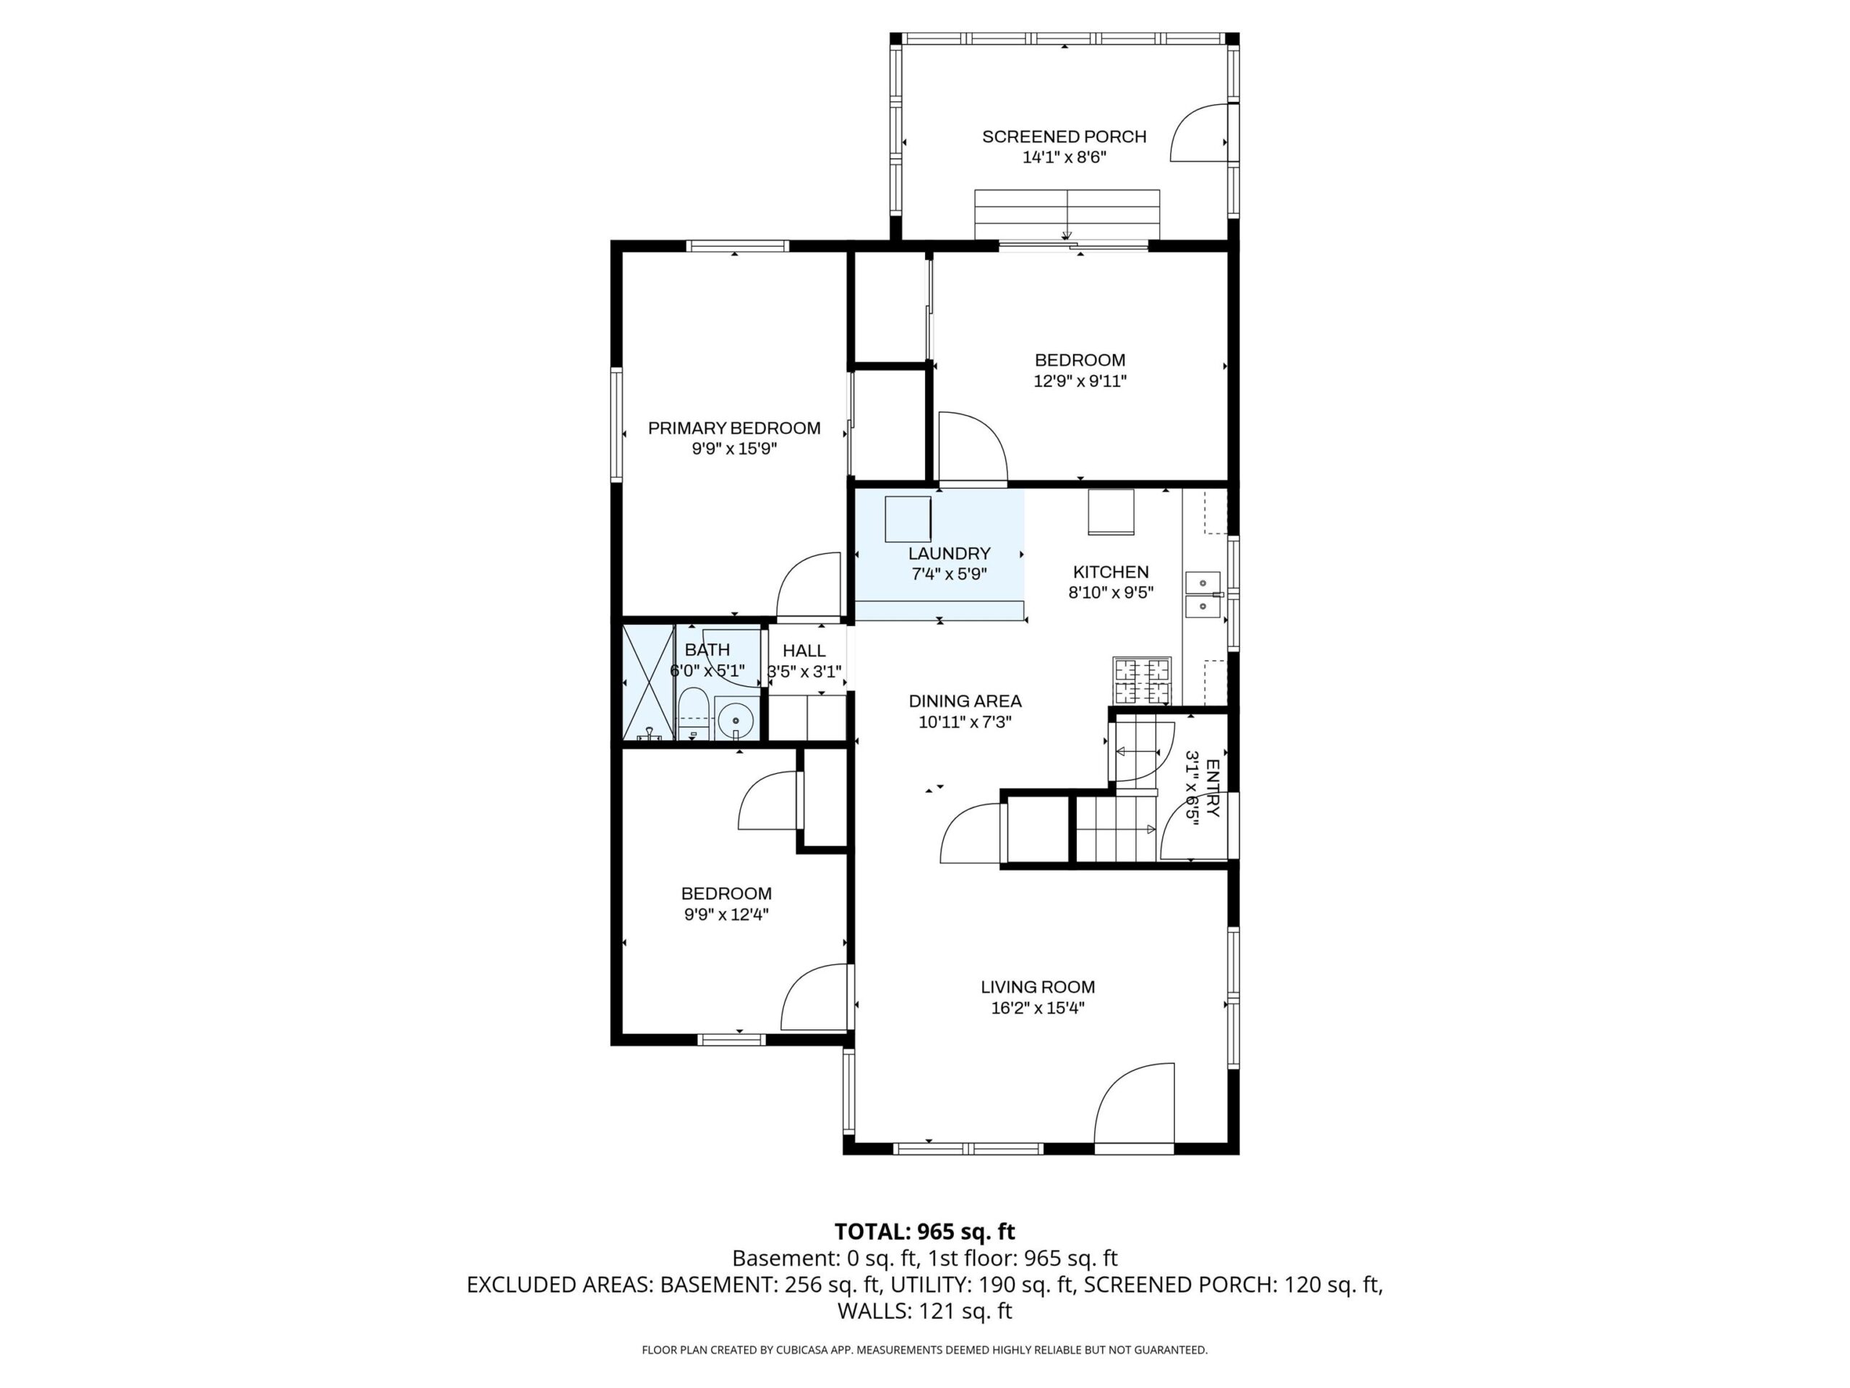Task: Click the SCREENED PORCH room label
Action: (1064, 137)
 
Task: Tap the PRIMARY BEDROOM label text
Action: (734, 429)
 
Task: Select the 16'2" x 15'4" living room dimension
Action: (1038, 1008)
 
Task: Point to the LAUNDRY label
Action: (950, 553)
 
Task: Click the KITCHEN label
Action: (1111, 573)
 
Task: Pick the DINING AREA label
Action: (965, 701)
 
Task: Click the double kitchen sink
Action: (1203, 594)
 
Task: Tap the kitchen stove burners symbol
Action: (1142, 680)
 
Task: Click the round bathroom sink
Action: (735, 719)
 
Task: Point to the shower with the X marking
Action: (648, 682)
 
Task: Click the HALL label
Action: (804, 651)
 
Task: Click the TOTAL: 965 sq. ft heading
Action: (924, 1232)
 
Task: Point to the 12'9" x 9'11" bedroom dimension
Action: (1080, 382)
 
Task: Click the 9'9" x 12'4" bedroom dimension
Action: (726, 914)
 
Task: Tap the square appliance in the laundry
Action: (908, 519)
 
